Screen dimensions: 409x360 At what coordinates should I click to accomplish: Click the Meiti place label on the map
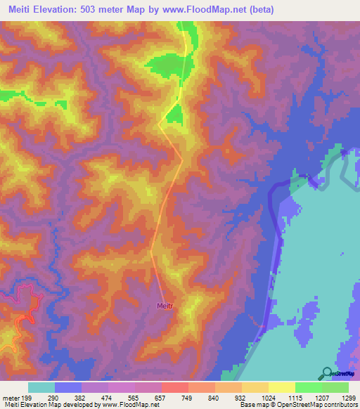(165, 306)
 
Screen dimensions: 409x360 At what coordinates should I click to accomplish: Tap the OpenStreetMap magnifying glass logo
(326, 372)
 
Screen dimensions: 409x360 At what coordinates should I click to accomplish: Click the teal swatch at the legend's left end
(41, 387)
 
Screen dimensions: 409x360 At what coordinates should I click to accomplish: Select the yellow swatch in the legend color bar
(281, 387)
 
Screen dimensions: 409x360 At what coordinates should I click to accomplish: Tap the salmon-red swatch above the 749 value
(174, 387)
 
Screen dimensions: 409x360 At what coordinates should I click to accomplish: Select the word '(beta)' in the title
(259, 9)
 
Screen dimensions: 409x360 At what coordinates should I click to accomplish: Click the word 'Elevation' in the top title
(60, 9)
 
